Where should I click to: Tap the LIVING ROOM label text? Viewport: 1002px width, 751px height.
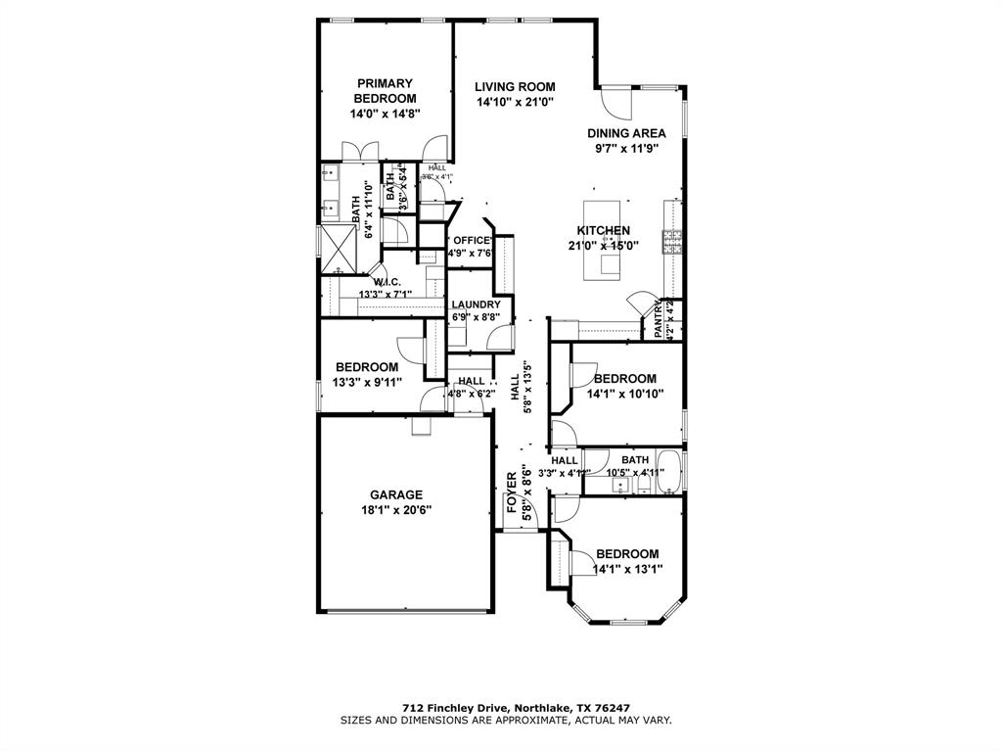pyautogui.click(x=515, y=87)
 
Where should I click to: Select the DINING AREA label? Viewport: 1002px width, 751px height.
pyautogui.click(x=626, y=133)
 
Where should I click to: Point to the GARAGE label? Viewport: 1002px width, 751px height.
pyautogui.click(x=396, y=494)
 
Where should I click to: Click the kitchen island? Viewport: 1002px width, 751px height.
pyautogui.click(x=606, y=241)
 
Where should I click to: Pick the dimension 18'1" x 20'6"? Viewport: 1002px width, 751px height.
pyautogui.click(x=396, y=510)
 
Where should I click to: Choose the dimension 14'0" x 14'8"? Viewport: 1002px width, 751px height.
pyautogui.click(x=385, y=115)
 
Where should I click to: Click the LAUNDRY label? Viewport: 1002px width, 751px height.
pyautogui.click(x=476, y=305)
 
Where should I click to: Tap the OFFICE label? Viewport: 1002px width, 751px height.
pyautogui.click(x=471, y=241)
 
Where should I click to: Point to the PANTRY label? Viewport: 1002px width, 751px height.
pyautogui.click(x=660, y=320)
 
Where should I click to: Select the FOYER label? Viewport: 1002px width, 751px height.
pyautogui.click(x=512, y=487)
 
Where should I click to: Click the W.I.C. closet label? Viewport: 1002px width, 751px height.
pyautogui.click(x=386, y=283)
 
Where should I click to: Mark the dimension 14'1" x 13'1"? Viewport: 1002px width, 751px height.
pyautogui.click(x=627, y=569)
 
